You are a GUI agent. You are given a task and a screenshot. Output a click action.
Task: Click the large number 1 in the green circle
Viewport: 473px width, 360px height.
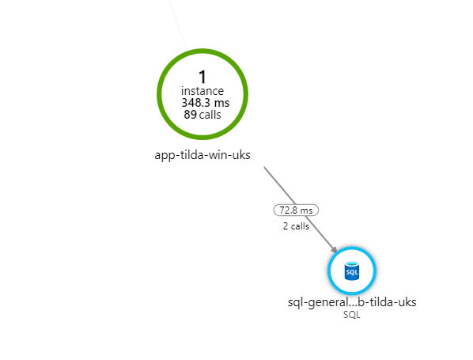click(202, 77)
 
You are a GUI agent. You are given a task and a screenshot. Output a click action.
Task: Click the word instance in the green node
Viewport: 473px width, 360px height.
click(202, 91)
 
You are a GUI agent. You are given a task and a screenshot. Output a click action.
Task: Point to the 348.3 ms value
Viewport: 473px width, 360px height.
click(206, 103)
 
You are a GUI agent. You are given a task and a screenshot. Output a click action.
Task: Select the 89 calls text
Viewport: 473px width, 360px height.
click(202, 115)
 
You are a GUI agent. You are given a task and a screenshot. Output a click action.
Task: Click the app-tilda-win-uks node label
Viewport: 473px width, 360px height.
click(202, 155)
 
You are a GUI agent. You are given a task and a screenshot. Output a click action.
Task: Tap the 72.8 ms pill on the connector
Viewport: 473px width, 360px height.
click(296, 210)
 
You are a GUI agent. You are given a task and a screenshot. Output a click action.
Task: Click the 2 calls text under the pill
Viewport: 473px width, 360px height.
click(296, 226)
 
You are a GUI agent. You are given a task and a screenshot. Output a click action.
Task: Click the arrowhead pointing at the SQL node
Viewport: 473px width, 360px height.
click(334, 249)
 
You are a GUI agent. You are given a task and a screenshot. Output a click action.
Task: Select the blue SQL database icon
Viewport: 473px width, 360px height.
click(352, 271)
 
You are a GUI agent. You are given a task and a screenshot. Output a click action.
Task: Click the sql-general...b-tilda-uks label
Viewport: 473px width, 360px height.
click(352, 302)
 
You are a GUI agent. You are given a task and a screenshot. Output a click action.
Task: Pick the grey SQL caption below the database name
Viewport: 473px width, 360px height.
click(352, 315)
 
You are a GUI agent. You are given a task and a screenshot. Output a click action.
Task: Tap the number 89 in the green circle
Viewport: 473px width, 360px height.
click(190, 115)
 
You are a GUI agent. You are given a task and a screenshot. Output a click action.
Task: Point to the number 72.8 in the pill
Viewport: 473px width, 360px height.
click(289, 210)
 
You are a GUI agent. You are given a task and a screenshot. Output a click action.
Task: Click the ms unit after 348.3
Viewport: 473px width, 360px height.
click(221, 104)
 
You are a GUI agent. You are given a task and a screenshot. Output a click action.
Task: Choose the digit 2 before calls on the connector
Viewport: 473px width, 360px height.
click(286, 226)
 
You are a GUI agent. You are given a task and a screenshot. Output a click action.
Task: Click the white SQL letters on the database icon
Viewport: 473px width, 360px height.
click(352, 272)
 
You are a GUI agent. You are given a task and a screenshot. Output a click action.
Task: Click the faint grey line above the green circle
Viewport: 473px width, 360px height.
click(178, 25)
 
